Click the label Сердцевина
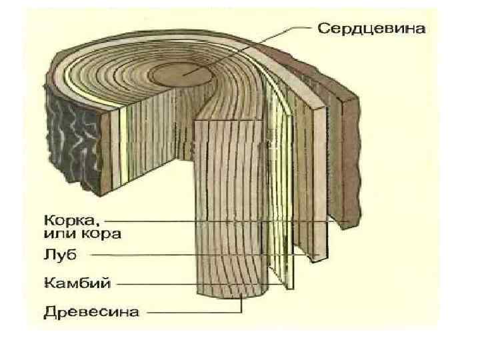point(372,29)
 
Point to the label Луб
point(59,255)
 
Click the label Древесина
point(91,311)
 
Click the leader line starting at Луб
point(200,255)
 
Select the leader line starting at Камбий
point(200,283)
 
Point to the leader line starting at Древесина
point(193,311)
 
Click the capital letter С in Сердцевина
point(323,29)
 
